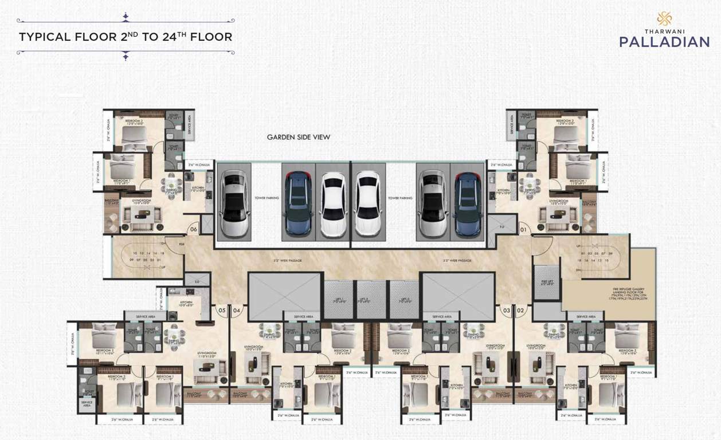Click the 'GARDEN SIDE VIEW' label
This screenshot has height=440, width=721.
coord(298,137)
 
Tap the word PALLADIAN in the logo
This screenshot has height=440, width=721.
coord(664,42)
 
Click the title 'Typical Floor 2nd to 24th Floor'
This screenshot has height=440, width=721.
coord(126,37)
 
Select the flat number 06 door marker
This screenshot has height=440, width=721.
coord(193,230)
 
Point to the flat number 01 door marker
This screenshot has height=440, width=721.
coord(523,230)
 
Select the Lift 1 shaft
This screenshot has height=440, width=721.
coord(338,299)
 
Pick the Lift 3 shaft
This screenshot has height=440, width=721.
coord(405,299)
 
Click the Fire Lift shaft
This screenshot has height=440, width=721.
coord(546,282)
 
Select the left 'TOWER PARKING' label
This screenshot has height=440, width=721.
coord(267,198)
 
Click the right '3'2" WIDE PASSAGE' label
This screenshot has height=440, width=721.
coord(457,261)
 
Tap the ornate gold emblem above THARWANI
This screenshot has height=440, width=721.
coord(664,18)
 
